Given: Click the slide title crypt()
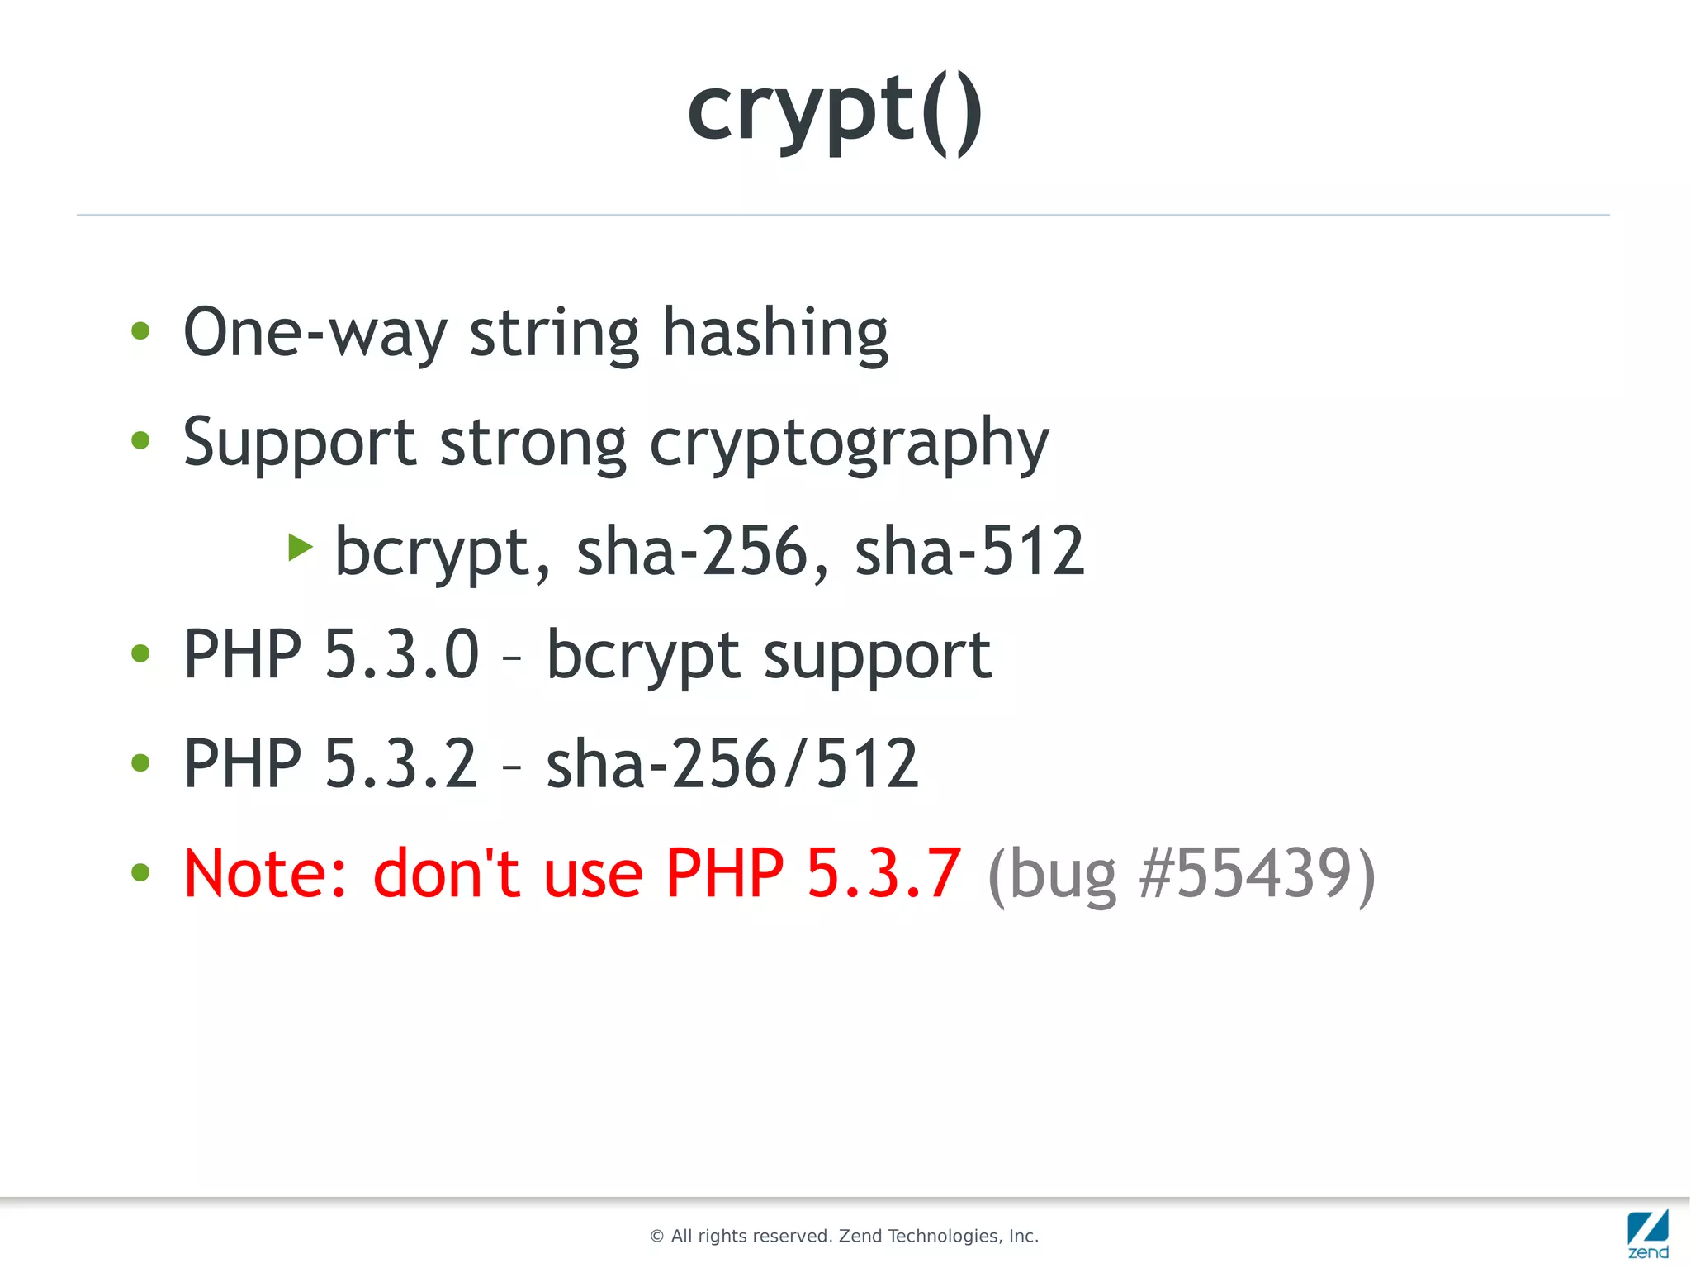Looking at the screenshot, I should (x=835, y=112).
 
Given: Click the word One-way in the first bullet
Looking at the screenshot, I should (x=315, y=333).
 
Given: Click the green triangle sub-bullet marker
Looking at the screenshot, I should (x=301, y=547).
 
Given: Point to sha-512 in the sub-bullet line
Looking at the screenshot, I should (x=969, y=552).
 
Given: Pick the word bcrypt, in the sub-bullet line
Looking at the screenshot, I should (x=442, y=552).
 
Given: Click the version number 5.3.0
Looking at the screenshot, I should (x=401, y=654).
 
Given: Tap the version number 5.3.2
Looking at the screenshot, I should (x=401, y=764).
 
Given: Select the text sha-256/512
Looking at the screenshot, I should (x=732, y=764).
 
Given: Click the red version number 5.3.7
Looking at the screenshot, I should (x=883, y=874).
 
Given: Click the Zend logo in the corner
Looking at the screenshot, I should (x=1647, y=1233).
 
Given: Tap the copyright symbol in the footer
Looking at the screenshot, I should (x=657, y=1237).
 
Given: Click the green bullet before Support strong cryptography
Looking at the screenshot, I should (x=140, y=440).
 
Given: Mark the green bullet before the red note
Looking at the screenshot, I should (x=140, y=872).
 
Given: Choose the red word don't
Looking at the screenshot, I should (x=446, y=874).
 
